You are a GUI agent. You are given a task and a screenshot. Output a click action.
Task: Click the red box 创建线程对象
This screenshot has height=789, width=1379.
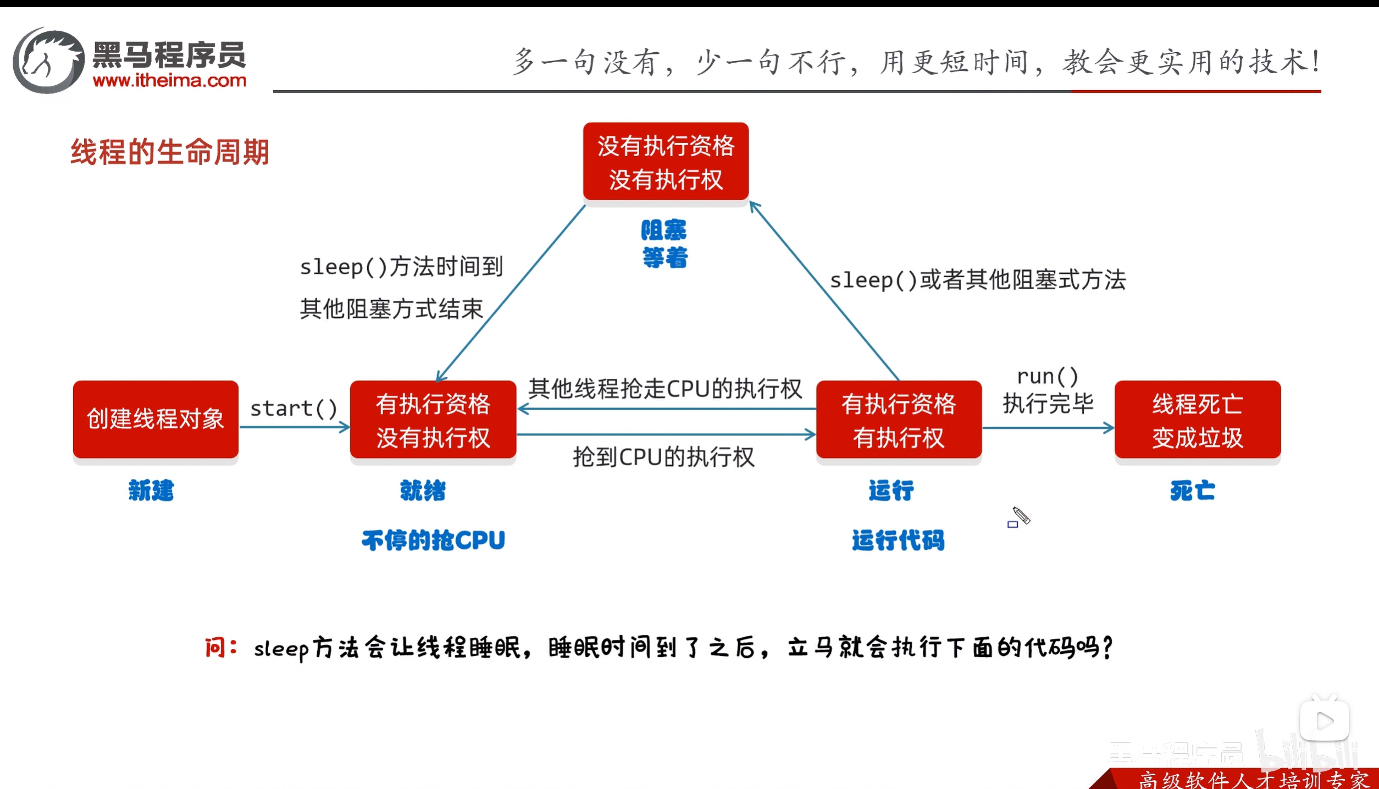156,419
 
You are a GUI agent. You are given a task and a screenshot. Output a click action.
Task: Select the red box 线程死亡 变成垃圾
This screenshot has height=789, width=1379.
1197,420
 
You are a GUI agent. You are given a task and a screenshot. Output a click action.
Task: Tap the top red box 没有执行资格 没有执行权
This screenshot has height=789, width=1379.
666,162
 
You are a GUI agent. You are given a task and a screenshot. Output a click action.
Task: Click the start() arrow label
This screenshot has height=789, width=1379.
293,409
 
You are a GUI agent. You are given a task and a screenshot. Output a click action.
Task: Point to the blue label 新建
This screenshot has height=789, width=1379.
151,490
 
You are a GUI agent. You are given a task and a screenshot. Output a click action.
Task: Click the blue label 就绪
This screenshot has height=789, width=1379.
423,490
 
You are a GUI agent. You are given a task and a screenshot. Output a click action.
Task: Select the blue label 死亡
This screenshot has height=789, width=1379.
1192,490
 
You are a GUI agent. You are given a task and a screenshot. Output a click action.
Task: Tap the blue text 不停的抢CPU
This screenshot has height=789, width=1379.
433,540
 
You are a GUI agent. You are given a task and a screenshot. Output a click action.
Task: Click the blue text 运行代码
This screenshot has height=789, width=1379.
898,540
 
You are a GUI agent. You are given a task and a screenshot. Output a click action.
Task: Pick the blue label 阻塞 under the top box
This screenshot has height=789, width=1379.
664,230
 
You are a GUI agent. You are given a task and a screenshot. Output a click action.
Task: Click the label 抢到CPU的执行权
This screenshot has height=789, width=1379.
663,457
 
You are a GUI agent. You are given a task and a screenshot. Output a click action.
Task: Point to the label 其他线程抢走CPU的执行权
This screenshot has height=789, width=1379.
665,389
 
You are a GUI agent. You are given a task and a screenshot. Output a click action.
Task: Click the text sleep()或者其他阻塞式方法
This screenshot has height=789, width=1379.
978,280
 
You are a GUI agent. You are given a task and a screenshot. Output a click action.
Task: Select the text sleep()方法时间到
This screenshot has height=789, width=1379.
401,267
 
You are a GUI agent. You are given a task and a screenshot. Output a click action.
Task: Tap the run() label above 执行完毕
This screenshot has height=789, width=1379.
1048,377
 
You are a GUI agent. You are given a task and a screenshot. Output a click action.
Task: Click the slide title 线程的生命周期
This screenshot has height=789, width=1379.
170,152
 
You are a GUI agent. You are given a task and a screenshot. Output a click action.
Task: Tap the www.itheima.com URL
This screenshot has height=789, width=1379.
169,81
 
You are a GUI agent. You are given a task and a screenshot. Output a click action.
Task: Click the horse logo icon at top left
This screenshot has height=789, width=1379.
48,60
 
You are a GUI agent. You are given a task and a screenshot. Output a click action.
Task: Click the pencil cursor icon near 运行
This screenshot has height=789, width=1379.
1021,516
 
